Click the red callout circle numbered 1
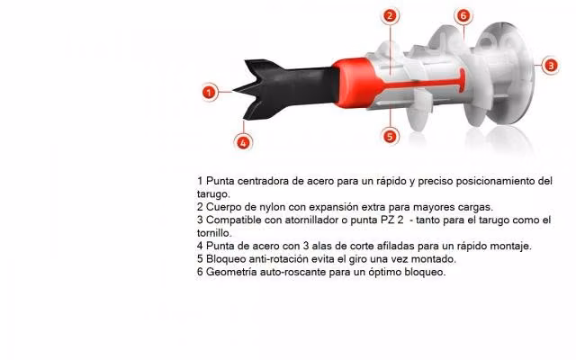click(x=209, y=92)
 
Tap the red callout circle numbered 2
click(x=390, y=16)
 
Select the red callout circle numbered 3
click(x=550, y=66)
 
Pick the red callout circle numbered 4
click(x=243, y=142)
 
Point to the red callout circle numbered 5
click(x=390, y=136)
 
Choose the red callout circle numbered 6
click(x=463, y=16)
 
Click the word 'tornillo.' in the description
click(x=214, y=233)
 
